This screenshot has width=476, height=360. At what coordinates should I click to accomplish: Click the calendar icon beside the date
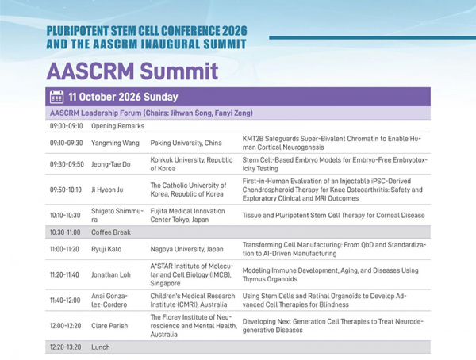57,97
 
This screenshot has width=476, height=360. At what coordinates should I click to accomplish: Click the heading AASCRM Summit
132,71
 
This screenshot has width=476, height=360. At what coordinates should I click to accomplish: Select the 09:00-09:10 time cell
66,126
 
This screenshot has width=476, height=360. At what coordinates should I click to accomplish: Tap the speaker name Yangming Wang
115,143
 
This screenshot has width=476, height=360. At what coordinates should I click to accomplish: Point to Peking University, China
186,143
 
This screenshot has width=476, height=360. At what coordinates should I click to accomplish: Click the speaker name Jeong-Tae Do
111,164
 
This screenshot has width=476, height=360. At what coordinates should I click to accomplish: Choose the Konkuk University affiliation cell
191,164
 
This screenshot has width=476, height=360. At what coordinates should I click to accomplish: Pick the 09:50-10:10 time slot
66,190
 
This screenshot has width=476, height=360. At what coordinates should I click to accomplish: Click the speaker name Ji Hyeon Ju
107,190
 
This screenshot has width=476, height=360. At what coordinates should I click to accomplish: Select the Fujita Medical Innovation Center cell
187,215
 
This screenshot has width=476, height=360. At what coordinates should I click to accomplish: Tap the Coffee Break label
111,232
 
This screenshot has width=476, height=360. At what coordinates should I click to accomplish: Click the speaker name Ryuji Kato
106,249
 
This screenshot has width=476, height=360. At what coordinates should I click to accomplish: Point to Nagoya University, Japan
186,249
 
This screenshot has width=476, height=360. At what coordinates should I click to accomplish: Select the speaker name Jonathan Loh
111,274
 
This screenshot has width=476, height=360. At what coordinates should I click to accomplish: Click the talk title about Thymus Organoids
330,274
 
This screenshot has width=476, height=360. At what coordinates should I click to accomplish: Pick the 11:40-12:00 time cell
65,301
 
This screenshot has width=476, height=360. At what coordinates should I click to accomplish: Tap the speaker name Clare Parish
109,326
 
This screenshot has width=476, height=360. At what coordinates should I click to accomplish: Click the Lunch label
101,347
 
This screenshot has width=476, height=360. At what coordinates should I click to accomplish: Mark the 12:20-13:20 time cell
65,347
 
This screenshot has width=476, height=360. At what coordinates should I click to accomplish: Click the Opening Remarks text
117,126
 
